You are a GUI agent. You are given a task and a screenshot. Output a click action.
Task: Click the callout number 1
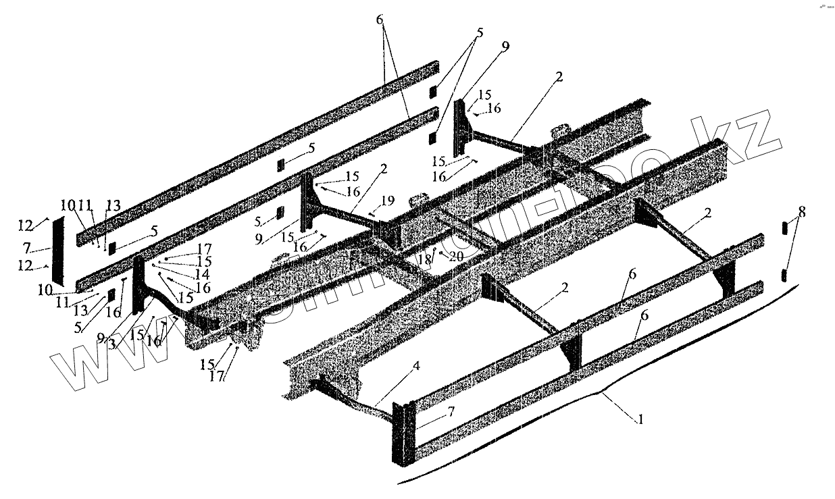tap(640, 419)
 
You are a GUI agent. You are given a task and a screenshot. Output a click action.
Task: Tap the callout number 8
tap(801, 211)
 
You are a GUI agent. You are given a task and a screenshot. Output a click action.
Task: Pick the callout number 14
tap(201, 274)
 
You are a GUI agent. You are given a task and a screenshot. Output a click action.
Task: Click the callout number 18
tap(424, 259)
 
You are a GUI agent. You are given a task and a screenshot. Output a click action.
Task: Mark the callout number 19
tap(386, 201)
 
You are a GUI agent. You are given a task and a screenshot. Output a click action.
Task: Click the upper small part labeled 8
tap(784, 228)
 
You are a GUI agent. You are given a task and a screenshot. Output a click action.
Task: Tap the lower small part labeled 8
tap(784, 274)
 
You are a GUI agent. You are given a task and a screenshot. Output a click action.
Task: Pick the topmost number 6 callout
tap(380, 20)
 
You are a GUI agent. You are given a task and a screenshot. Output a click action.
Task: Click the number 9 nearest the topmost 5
tap(505, 47)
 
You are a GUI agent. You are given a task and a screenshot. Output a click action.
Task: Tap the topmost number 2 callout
tap(559, 77)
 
